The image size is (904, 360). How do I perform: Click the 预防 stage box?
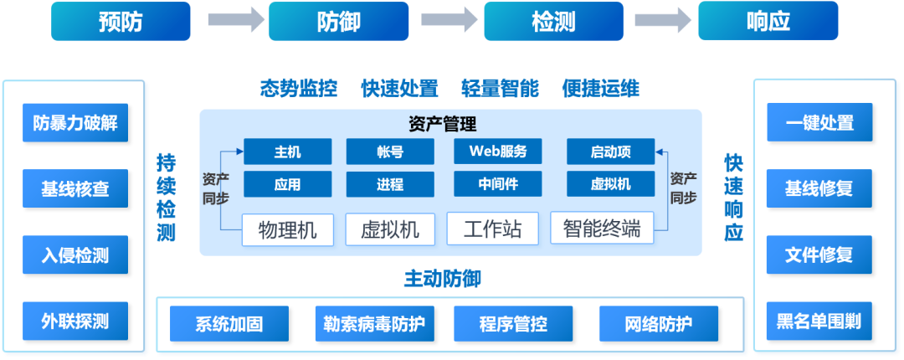tap(121, 21)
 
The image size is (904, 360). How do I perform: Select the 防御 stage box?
tap(337, 21)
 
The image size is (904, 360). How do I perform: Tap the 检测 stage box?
tap(553, 21)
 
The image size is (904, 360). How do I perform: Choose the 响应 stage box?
tap(768, 21)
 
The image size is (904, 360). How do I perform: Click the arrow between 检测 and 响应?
tap(663, 21)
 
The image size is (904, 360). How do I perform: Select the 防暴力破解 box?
tap(75, 123)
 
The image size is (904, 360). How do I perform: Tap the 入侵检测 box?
tap(75, 255)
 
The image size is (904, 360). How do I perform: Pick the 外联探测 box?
tap(75, 321)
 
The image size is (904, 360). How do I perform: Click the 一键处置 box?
tap(819, 123)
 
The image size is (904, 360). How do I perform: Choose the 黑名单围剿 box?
tap(819, 321)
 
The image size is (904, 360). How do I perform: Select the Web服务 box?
tap(498, 152)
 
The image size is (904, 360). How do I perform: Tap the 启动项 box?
tap(610, 152)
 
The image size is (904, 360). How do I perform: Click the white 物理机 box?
tap(288, 229)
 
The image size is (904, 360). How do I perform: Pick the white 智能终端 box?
tap(602, 228)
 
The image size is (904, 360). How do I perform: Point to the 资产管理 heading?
tap(443, 125)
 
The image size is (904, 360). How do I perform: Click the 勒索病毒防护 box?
tap(375, 324)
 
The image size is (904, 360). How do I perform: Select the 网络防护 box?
tap(659, 324)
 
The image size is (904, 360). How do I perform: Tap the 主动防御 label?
tap(443, 279)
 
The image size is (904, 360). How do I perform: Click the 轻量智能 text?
tap(500, 88)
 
